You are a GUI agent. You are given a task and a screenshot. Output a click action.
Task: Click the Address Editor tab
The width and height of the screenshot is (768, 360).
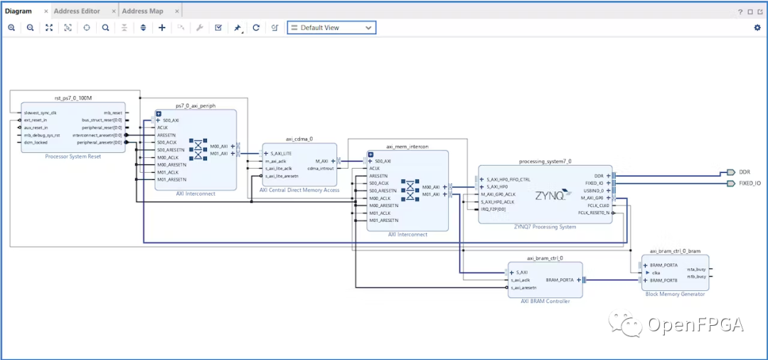coord(77,11)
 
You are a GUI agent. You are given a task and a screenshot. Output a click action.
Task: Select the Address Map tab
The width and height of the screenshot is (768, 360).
coord(142,11)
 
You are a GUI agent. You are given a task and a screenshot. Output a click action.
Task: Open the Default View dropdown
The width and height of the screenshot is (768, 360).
coord(331,28)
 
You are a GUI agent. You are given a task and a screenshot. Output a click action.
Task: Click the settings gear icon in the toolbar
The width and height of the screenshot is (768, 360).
coord(757,28)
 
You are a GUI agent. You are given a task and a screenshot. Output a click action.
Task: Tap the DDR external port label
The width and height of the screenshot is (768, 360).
coord(745,172)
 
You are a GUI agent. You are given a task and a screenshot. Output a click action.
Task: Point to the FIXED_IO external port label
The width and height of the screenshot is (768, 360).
coord(750,184)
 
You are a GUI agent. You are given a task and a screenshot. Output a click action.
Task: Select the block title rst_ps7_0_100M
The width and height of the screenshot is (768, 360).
coord(68,97)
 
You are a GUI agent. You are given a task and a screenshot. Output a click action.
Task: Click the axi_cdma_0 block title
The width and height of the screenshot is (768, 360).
coord(299,139)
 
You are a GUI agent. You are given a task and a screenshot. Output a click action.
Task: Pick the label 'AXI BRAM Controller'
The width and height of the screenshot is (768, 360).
coord(545,302)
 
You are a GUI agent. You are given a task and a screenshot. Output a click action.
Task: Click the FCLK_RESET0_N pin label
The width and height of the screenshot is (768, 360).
coord(594,213)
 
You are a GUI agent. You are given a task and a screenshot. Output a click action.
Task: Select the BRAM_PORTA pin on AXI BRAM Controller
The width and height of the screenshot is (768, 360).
coord(560,280)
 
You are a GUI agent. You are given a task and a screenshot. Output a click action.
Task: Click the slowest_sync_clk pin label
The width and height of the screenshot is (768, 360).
coord(40,112)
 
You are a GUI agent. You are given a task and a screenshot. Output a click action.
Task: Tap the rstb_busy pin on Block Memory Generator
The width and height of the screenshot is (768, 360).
coord(696,276)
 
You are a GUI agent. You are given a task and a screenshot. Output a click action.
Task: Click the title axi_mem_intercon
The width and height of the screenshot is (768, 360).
coord(407,147)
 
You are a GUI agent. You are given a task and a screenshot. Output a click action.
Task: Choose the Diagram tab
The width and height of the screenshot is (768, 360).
coord(18,11)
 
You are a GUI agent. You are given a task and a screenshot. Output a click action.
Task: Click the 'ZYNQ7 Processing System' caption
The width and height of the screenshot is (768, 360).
coord(545,227)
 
